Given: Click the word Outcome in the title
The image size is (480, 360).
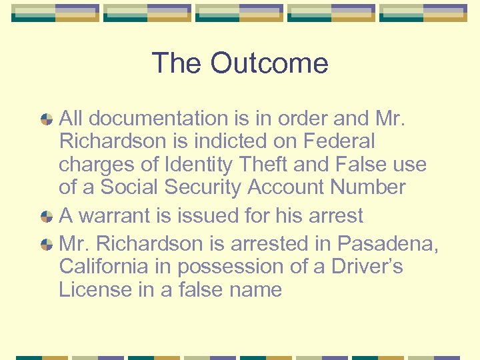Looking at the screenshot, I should [x=269, y=64].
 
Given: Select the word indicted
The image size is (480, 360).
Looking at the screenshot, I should [x=260, y=141].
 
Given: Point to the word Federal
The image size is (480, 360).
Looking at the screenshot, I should [x=340, y=141].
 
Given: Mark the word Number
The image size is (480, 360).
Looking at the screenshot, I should [x=369, y=188].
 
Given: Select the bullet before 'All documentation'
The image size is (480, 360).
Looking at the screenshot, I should [x=47, y=120].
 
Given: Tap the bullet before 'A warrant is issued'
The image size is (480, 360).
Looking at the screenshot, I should [x=47, y=217].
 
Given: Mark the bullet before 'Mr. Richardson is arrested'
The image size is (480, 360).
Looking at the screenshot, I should [x=47, y=245].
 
